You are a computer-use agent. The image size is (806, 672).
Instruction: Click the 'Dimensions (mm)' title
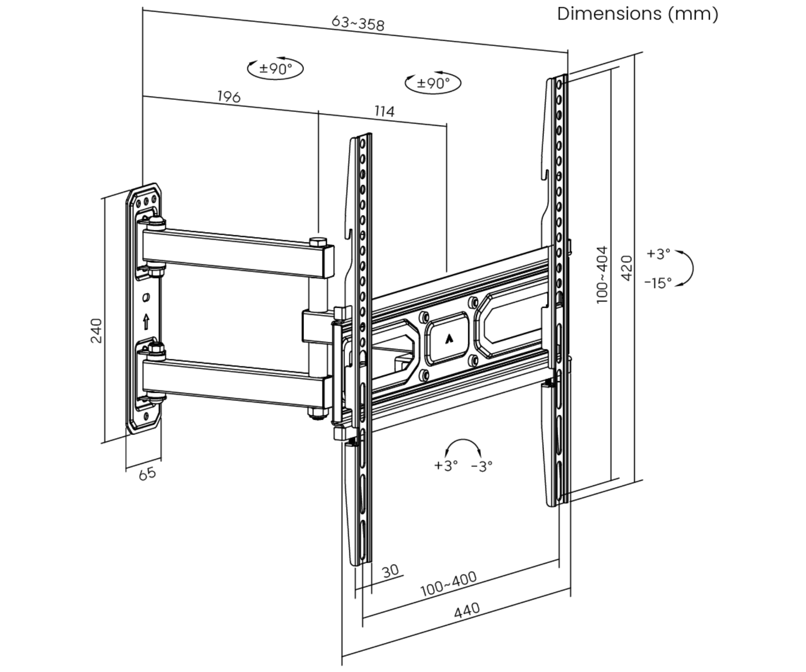click(637, 14)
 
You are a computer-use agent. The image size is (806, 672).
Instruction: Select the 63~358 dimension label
click(358, 23)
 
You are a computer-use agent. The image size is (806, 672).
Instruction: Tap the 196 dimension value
click(229, 96)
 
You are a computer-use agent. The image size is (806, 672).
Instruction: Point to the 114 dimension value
click(384, 111)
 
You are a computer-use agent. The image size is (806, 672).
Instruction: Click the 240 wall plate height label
click(96, 331)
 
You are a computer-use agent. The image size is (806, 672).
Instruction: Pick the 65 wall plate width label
click(147, 474)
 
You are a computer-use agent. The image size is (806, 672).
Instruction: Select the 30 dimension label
click(390, 571)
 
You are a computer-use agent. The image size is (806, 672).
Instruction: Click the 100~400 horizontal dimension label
click(448, 584)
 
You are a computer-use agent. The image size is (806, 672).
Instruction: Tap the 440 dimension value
click(467, 610)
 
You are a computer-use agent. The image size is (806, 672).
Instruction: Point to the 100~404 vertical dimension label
click(603, 274)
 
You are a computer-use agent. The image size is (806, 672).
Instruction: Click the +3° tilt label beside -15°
click(658, 254)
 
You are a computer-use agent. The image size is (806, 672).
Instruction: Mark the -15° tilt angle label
click(658, 283)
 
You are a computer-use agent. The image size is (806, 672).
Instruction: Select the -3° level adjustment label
click(482, 466)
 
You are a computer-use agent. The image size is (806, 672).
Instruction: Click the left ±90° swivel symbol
click(275, 69)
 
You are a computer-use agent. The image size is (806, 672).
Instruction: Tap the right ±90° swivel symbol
click(433, 83)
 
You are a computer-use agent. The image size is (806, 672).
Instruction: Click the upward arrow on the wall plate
click(146, 322)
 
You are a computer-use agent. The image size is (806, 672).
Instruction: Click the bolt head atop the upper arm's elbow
click(318, 242)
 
